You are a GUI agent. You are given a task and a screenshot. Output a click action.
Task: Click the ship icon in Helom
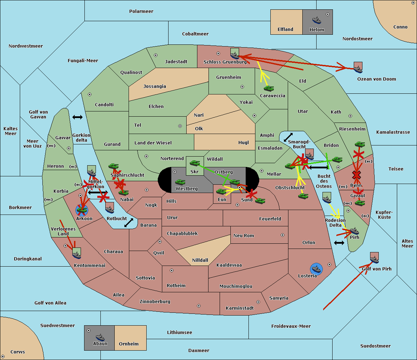point(317,20)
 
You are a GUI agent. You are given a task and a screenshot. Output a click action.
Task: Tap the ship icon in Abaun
point(100,337)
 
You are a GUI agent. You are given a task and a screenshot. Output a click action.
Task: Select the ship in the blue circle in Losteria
point(316,269)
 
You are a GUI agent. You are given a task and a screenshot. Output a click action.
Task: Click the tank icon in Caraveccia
point(269,88)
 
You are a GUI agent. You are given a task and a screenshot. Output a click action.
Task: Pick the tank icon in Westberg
point(180,182)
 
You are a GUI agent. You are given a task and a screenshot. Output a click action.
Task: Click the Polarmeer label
point(141,11)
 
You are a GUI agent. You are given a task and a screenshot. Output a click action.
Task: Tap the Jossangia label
point(155,86)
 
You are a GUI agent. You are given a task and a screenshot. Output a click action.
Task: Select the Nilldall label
point(200,260)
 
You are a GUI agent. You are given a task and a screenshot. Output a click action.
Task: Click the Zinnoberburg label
point(155,301)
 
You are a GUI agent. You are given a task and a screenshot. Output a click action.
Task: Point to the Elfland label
point(285,30)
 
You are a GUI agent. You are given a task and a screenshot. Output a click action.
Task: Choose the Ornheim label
point(129,344)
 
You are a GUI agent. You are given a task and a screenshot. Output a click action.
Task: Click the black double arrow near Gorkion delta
point(77,117)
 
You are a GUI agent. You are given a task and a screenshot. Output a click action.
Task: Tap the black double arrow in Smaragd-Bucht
point(288,137)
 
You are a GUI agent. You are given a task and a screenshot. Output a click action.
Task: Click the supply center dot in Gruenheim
point(242,87)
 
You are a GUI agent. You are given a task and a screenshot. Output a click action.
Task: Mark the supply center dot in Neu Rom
point(283,235)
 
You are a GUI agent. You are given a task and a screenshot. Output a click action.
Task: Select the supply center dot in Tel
point(180,126)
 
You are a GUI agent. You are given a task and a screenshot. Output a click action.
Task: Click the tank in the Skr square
point(195,163)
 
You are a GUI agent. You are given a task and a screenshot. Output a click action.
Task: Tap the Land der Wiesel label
point(153,143)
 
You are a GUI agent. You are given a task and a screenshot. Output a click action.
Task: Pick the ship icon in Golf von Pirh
point(375,260)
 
